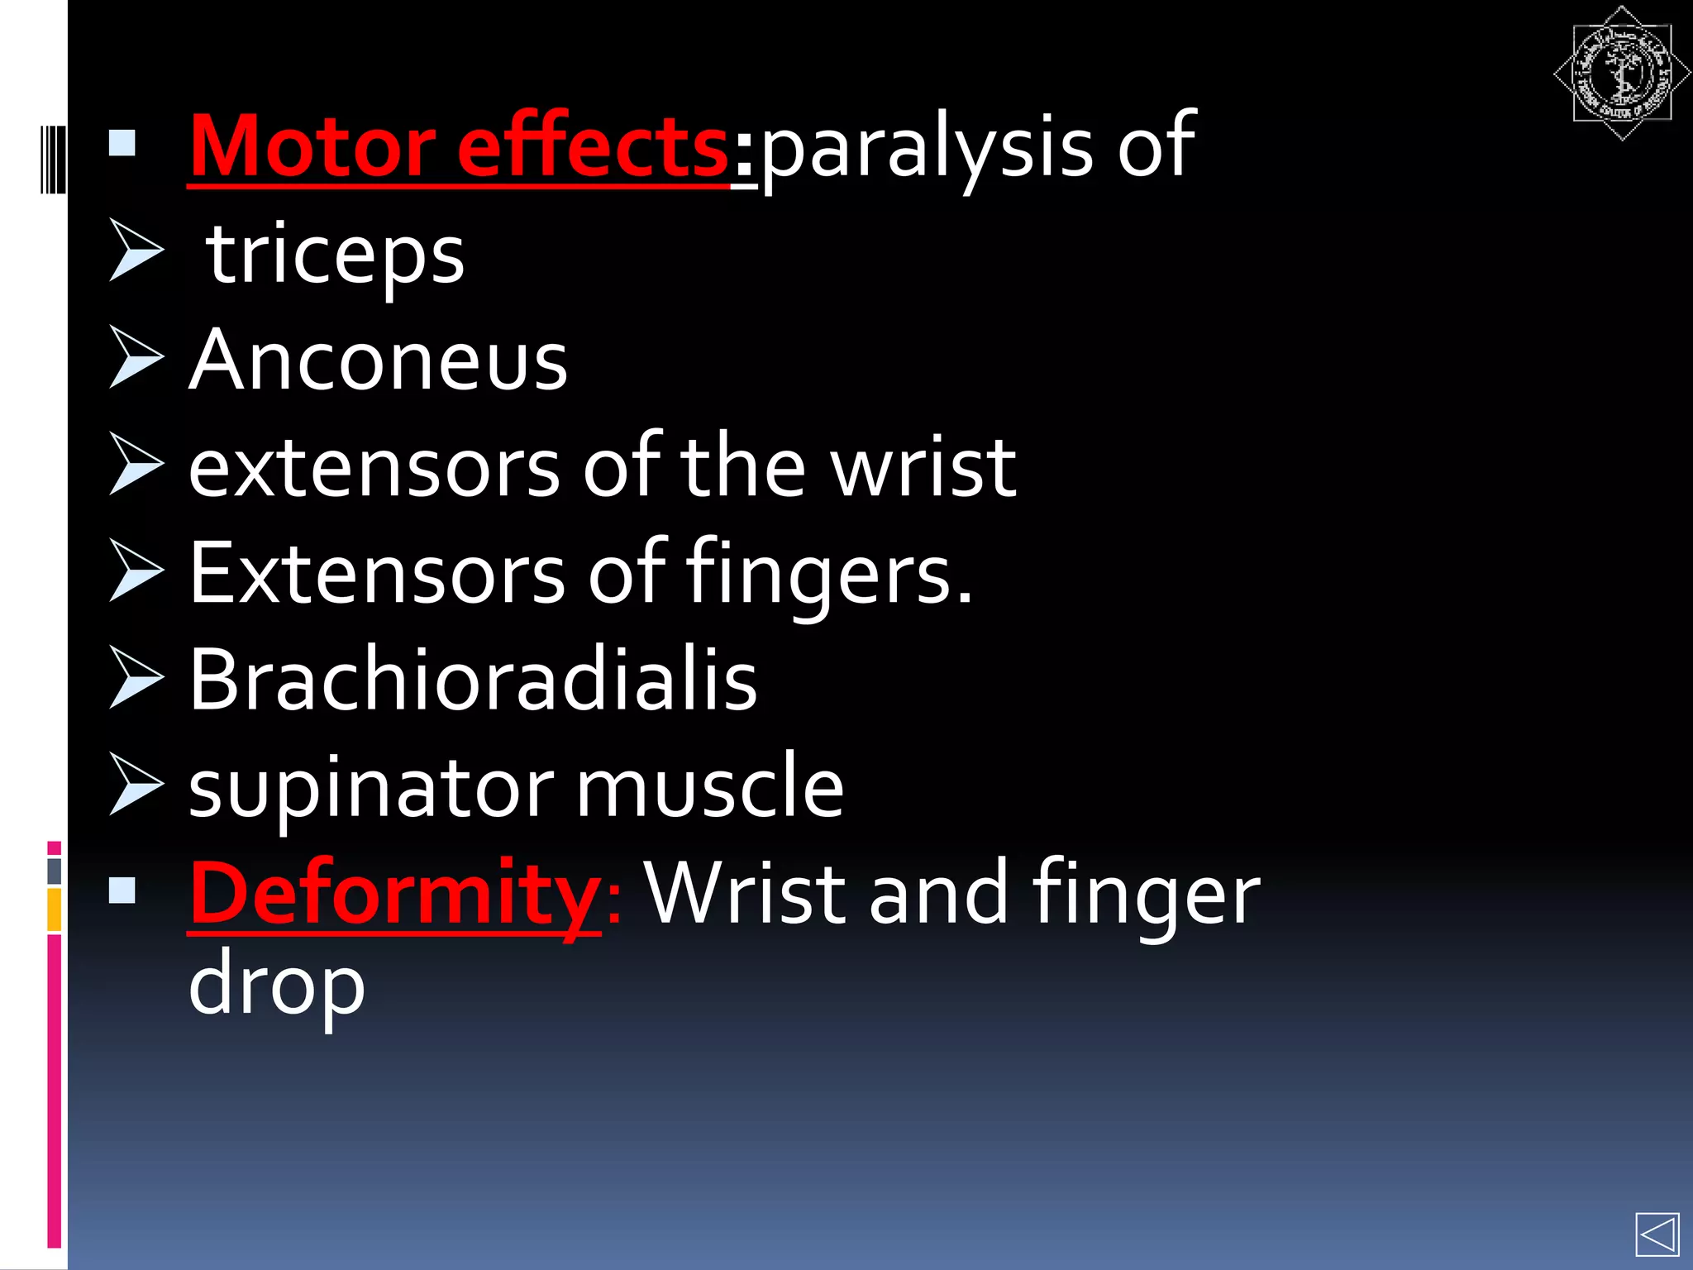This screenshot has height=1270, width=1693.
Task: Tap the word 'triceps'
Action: pyautogui.click(x=336, y=255)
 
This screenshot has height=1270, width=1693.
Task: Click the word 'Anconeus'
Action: pyautogui.click(x=379, y=360)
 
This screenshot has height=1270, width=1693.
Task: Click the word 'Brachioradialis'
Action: pyautogui.click(x=473, y=680)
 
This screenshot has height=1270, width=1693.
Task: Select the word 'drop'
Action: pyautogui.click(x=276, y=987)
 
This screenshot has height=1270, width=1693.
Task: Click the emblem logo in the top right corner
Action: pyautogui.click(x=1621, y=74)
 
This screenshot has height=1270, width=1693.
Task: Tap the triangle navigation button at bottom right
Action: pyautogui.click(x=1657, y=1235)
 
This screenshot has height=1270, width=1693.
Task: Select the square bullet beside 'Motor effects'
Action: pyautogui.click(x=122, y=144)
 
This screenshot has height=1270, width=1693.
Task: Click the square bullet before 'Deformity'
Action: pyautogui.click(x=122, y=890)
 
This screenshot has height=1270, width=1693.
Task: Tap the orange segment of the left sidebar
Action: pyautogui.click(x=54, y=910)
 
